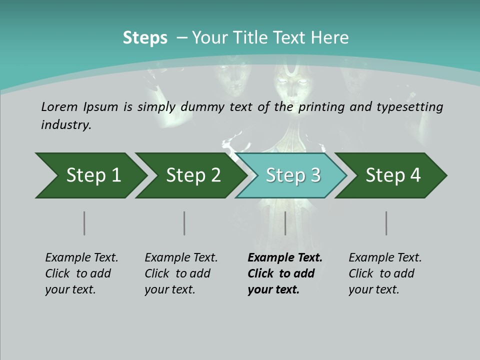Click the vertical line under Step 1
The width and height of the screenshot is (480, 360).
pyautogui.click(x=84, y=223)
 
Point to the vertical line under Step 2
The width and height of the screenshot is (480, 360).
pyautogui.click(x=184, y=223)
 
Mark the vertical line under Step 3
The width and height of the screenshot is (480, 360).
pyautogui.click(x=285, y=223)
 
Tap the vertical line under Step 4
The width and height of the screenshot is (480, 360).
pyautogui.click(x=386, y=223)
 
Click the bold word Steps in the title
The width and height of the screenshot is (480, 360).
pyautogui.click(x=145, y=38)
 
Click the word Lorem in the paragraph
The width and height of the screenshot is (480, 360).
pyautogui.click(x=59, y=107)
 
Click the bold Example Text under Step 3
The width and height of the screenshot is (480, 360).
pyautogui.click(x=285, y=258)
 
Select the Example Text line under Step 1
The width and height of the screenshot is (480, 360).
pyautogui.click(x=81, y=258)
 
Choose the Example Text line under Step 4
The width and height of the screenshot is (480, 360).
pyautogui.click(x=385, y=258)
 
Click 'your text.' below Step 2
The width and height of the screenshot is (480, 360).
pyautogui.click(x=169, y=289)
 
